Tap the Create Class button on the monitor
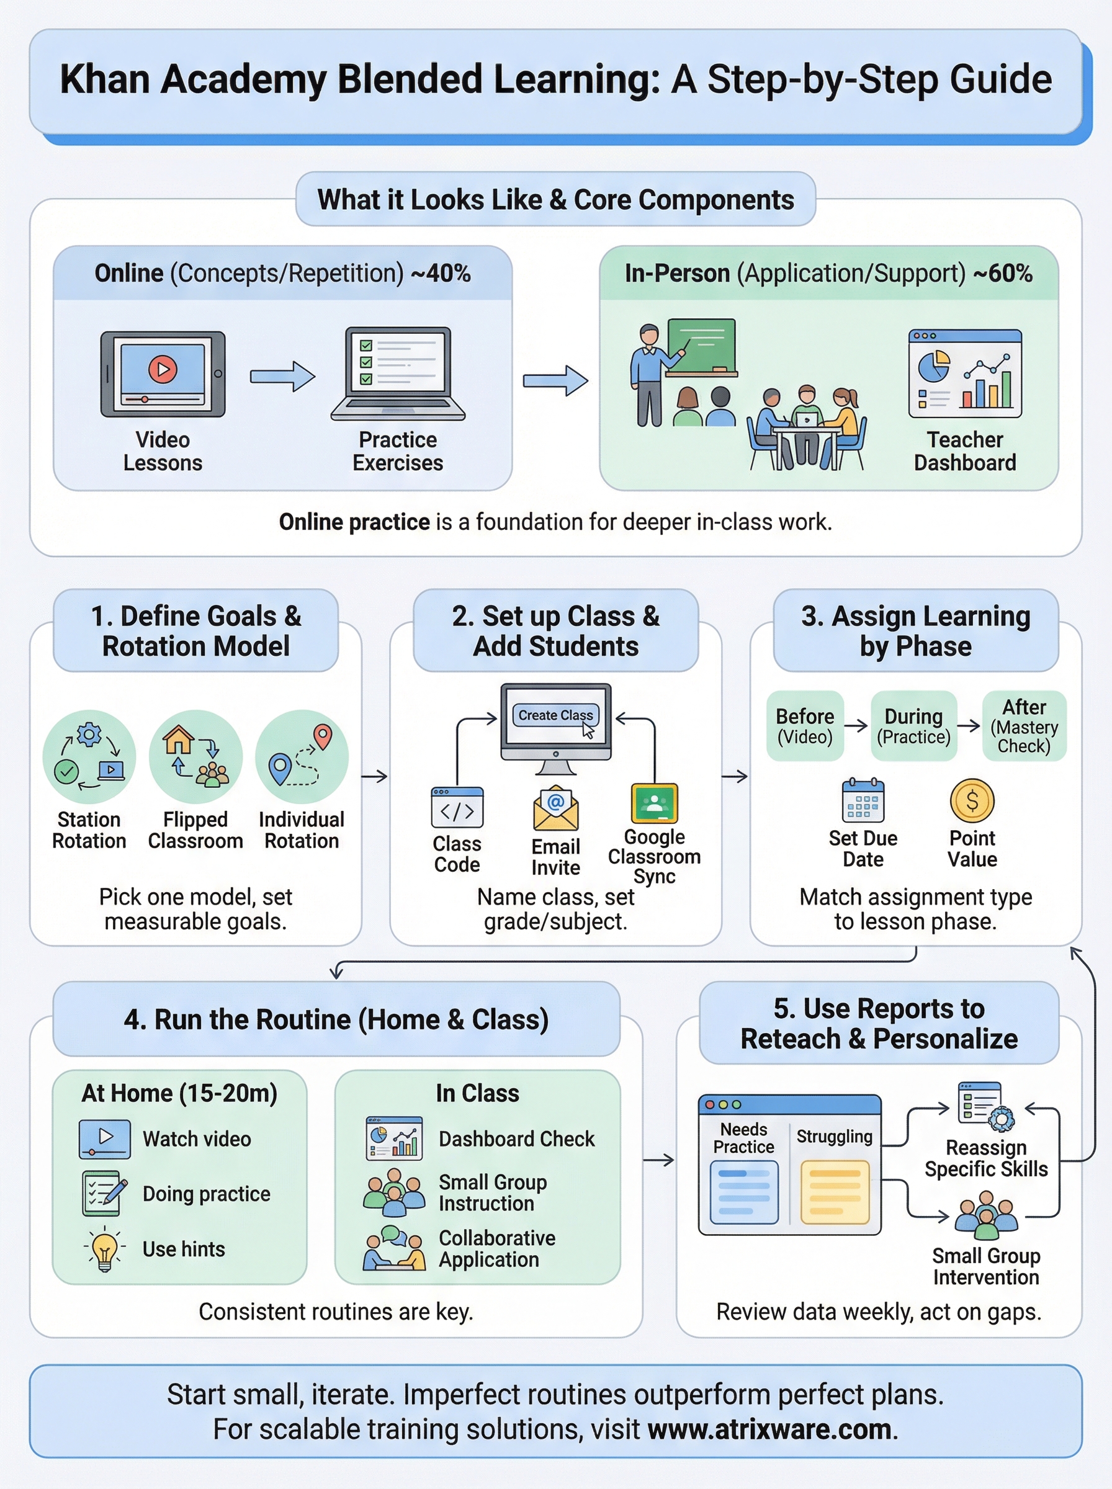(555, 715)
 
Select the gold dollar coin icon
(971, 801)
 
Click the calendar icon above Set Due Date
(863, 802)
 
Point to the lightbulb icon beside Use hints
(104, 1249)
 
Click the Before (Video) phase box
(805, 726)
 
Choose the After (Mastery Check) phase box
(1024, 726)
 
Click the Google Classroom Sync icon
(654, 803)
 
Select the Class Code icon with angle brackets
(457, 807)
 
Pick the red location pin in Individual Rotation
(323, 735)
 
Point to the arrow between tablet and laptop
(283, 376)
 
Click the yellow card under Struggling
(835, 1192)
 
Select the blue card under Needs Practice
(744, 1192)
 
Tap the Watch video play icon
(105, 1138)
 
